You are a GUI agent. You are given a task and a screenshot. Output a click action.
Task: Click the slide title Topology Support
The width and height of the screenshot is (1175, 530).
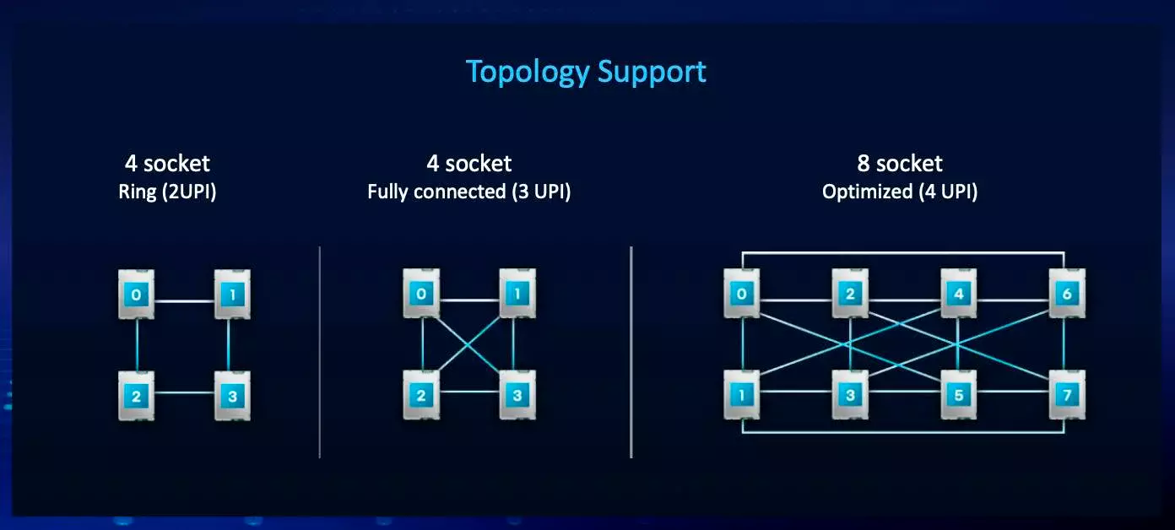pyautogui.click(x=586, y=72)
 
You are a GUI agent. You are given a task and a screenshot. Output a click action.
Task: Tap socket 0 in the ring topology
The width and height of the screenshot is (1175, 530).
pyautogui.click(x=137, y=295)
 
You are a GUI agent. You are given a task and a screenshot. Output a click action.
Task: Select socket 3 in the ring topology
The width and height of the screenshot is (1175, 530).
pyautogui.click(x=232, y=395)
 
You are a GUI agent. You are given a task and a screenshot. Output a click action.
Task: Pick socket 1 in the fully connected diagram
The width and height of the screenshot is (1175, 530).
pyautogui.click(x=517, y=294)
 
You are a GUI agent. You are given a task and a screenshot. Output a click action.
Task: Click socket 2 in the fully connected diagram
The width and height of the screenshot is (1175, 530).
pyautogui.click(x=422, y=395)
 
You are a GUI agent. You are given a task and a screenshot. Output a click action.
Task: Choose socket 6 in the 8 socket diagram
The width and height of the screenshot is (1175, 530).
pyautogui.click(x=1067, y=294)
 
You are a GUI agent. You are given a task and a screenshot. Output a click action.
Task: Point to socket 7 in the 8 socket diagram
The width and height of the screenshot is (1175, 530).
pyautogui.click(x=1067, y=395)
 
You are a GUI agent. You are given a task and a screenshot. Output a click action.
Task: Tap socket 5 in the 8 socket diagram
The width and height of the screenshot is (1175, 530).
pyautogui.click(x=959, y=395)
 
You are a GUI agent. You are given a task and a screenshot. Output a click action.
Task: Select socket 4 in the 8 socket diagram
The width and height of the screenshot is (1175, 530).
pyautogui.click(x=959, y=294)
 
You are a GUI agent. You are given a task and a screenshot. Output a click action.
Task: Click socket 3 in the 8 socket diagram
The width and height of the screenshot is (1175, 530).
pyautogui.click(x=850, y=395)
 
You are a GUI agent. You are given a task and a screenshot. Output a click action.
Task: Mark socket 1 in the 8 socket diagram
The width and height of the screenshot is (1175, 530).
pyautogui.click(x=742, y=395)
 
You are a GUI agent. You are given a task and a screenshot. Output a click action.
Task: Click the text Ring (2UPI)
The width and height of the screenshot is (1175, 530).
pyautogui.click(x=167, y=192)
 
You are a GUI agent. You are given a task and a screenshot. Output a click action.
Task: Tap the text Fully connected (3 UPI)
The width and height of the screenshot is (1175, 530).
pyautogui.click(x=469, y=192)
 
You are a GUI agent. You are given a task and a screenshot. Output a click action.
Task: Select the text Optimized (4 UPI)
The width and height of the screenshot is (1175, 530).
pyautogui.click(x=900, y=192)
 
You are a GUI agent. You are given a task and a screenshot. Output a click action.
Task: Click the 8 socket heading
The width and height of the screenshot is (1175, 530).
pyautogui.click(x=900, y=163)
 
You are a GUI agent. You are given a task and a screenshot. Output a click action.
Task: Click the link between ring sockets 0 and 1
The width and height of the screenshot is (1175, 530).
pyautogui.click(x=184, y=300)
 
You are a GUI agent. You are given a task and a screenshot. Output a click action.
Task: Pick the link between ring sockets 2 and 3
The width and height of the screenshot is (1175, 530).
pyautogui.click(x=184, y=392)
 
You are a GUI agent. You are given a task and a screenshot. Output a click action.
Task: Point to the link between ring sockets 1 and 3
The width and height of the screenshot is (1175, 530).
pyautogui.click(x=229, y=344)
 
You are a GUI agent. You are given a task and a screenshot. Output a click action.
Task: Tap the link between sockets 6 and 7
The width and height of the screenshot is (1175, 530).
pyautogui.click(x=1064, y=344)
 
